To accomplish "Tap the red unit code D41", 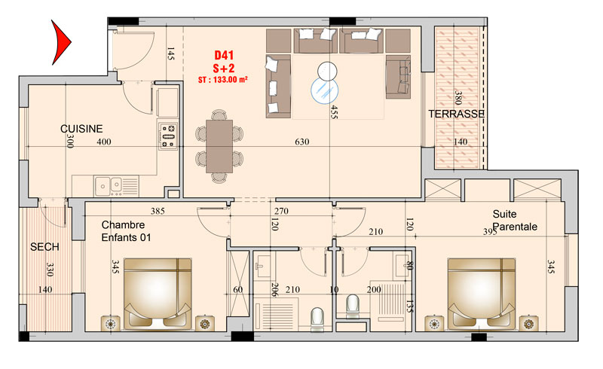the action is [x=224, y=56].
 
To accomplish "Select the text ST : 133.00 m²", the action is [x=222, y=80].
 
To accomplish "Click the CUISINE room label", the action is [x=81, y=129].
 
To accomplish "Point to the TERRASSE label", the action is [x=457, y=114].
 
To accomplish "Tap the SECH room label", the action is [x=44, y=247].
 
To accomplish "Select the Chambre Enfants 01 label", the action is [x=126, y=231].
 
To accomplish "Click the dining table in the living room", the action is [x=219, y=146].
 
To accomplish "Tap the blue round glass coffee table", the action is [x=325, y=90].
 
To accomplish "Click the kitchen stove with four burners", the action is [x=168, y=136].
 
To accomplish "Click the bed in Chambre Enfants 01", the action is [x=158, y=294].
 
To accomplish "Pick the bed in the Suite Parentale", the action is [x=482, y=294].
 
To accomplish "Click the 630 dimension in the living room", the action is [x=302, y=142].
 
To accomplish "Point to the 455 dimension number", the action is [x=334, y=112].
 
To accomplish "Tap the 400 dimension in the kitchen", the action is [x=104, y=142].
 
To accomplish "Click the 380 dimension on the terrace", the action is [x=458, y=98].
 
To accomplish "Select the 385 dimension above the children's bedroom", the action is [x=158, y=211].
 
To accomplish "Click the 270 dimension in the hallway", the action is [x=281, y=211].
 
